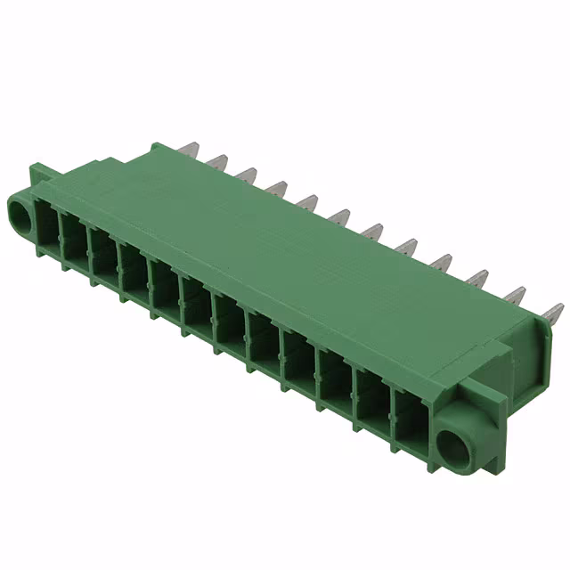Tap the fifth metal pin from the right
tap(408, 247)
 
